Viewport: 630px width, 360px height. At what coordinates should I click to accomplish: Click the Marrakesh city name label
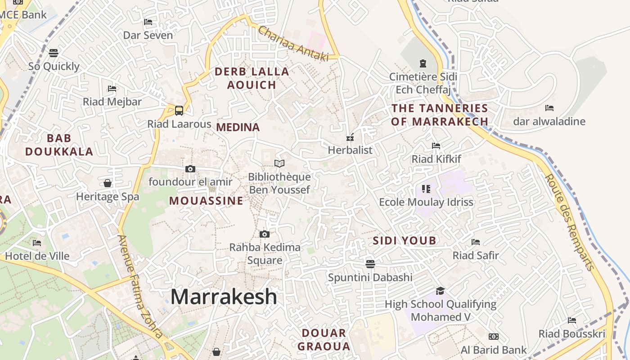pos(224,297)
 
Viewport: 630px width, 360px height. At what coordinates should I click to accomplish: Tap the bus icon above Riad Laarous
pos(179,110)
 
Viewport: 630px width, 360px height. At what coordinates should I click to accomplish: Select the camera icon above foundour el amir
pos(190,169)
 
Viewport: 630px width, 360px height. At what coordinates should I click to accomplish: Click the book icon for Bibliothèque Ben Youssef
pos(279,163)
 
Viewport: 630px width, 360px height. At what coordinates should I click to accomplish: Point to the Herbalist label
pos(350,150)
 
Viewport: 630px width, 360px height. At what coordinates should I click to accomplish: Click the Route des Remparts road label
pos(569,223)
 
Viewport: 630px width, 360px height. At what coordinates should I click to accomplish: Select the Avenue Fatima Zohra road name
pos(140,286)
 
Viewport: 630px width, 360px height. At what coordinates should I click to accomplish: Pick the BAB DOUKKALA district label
pos(59,144)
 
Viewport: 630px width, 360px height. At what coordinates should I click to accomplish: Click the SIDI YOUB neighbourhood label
pos(405,241)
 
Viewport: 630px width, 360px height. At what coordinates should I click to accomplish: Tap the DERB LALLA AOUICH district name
pos(252,78)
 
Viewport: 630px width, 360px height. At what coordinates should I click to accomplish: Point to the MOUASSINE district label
pos(206,201)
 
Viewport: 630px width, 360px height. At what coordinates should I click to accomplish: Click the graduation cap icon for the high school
pos(440,291)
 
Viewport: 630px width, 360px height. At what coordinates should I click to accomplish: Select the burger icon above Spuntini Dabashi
pos(370,264)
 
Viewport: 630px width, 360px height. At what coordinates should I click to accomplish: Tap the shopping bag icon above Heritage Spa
pos(108,183)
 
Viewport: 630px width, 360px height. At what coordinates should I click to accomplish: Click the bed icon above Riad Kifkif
pos(436,145)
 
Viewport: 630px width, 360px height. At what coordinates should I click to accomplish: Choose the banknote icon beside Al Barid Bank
pos(494,337)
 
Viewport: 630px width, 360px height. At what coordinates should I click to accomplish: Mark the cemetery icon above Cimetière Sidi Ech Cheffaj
pos(423,63)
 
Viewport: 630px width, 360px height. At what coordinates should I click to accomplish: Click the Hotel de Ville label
pos(37,256)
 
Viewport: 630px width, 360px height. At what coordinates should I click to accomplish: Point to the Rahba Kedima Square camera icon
pos(265,234)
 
